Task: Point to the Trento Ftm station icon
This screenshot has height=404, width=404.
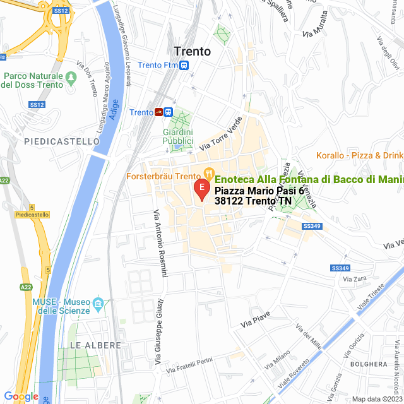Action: pos(184,64)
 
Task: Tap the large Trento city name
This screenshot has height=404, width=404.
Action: pos(192,51)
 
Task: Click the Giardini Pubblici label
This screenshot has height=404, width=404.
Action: pos(177,136)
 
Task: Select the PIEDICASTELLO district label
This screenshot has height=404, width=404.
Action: pos(61,142)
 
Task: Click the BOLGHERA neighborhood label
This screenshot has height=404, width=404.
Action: pos(367,364)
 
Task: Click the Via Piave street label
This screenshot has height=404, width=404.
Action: pos(255,319)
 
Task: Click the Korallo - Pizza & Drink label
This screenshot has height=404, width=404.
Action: pos(359,155)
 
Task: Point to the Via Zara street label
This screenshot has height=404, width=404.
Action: pos(355,278)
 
